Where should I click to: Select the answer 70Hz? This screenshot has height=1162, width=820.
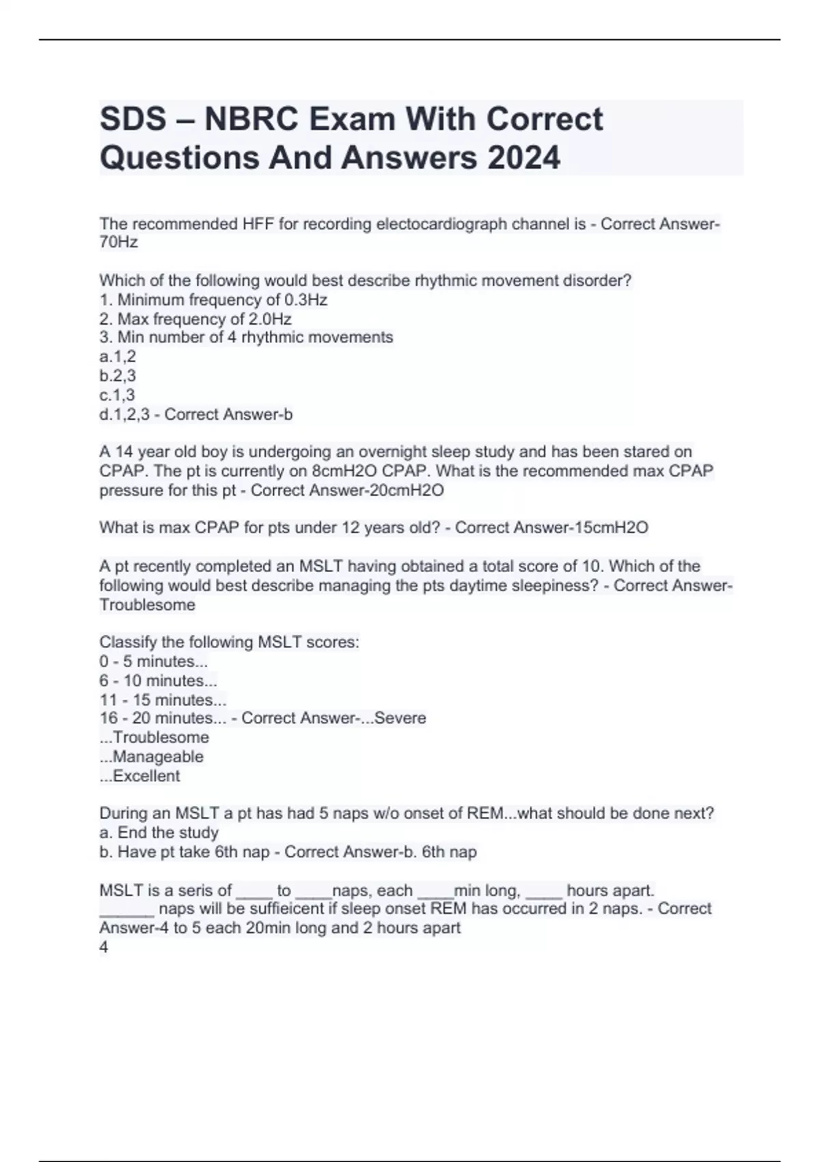118,243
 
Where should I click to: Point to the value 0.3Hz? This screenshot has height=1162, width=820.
305,300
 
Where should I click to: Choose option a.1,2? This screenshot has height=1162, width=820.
118,357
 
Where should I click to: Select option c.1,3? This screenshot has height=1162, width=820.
117,395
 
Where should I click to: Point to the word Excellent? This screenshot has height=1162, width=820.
146,776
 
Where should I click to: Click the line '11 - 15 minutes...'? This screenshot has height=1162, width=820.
163,700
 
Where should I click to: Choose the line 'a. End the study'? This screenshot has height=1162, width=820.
159,833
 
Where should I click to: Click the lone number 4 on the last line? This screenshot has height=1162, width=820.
104,947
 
